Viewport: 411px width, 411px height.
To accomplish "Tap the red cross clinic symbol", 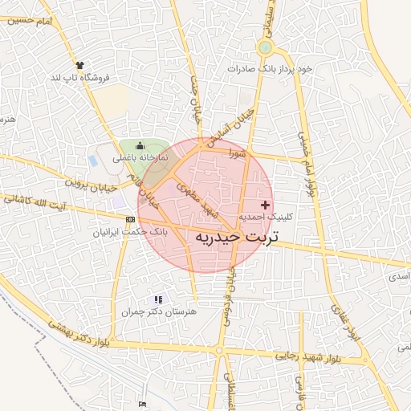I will (266, 205).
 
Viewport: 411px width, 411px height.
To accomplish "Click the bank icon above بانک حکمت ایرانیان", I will (130, 219).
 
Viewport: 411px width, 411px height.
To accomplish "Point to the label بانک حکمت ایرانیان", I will (128, 231).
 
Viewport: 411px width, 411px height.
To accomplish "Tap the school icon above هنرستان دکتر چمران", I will (157, 299).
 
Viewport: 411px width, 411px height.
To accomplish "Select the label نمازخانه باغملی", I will (140, 157).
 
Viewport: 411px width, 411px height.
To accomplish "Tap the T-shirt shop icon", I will (79, 64).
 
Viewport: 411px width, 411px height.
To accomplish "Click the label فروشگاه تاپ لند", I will (79, 77).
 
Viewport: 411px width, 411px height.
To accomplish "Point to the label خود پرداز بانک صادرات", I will (269, 69).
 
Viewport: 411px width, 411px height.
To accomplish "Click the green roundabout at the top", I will (265, 48).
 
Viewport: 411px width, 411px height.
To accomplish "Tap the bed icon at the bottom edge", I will (142, 405).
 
